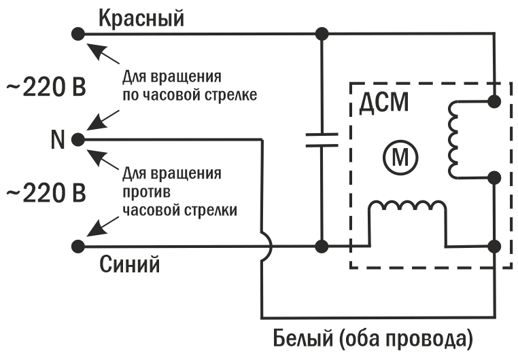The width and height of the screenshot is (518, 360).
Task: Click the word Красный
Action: coord(141,18)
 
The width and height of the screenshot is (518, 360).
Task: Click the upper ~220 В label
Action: coord(46,88)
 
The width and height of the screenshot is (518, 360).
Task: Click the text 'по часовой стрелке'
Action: coord(190,94)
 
